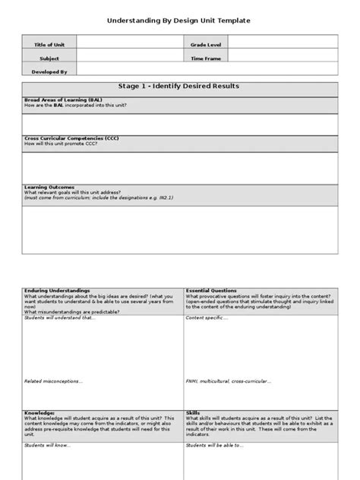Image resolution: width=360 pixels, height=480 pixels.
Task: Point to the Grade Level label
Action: point(204,45)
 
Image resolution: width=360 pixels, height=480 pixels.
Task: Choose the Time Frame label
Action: point(204,58)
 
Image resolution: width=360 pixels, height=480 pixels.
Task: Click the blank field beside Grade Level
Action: point(284,45)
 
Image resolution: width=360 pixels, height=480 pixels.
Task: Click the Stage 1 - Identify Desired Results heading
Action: point(180,87)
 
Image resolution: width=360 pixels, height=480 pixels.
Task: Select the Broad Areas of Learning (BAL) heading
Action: point(64,99)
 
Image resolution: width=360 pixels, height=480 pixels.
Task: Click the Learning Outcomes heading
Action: point(50,186)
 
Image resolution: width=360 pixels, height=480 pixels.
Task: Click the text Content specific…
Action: point(207,318)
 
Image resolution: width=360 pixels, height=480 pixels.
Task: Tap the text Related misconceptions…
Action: point(54,382)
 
